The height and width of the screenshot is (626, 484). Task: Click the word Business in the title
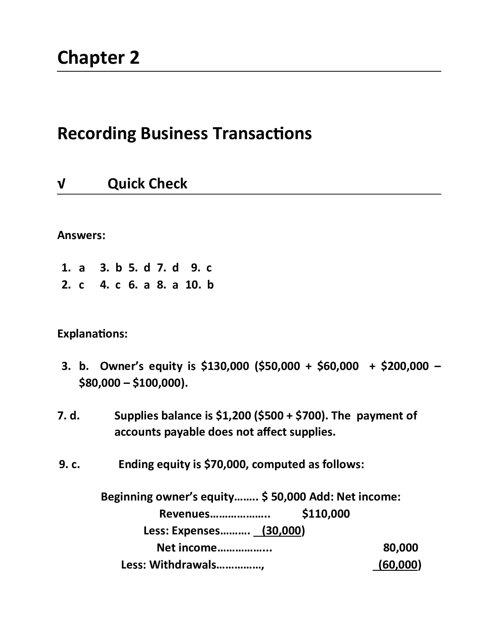click(x=174, y=133)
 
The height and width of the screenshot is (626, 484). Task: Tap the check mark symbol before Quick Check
click(x=61, y=184)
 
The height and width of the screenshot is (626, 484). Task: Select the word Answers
click(x=81, y=235)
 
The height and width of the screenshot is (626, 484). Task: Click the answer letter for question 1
click(x=82, y=268)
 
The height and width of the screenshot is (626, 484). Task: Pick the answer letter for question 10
click(x=210, y=285)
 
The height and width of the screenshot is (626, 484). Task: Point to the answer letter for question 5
click(x=147, y=268)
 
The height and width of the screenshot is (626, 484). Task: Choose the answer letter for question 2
click(x=82, y=285)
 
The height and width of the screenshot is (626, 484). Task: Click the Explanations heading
click(x=92, y=334)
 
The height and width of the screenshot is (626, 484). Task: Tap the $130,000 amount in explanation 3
click(x=225, y=366)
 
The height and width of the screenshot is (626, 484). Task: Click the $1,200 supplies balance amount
click(x=233, y=416)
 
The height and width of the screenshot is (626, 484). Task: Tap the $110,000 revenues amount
click(x=326, y=514)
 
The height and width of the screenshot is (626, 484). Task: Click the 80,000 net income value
click(x=400, y=548)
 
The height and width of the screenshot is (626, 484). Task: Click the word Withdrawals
click(x=183, y=565)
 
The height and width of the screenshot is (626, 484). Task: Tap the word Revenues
click(x=184, y=514)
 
